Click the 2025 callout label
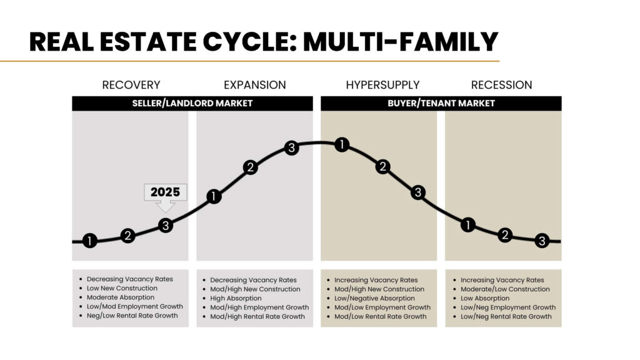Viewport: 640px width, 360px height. (165, 192)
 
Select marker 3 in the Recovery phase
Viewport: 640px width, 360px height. (165, 225)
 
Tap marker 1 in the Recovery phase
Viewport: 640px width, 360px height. (90, 241)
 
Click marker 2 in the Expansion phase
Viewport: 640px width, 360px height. (250, 167)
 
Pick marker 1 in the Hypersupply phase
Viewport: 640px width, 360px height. (341, 145)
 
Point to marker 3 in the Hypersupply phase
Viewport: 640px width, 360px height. (418, 192)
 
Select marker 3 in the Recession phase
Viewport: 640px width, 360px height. (542, 241)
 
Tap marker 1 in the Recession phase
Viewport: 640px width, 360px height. (467, 225)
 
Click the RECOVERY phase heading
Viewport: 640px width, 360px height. (131, 85)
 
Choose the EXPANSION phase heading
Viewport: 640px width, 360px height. (255, 85)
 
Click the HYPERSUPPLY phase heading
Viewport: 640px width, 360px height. (382, 85)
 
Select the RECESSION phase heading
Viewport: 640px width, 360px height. (501, 85)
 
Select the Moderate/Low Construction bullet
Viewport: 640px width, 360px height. (505, 289)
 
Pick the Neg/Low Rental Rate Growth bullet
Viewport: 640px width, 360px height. (132, 316)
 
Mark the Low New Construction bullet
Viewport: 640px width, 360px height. (122, 288)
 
